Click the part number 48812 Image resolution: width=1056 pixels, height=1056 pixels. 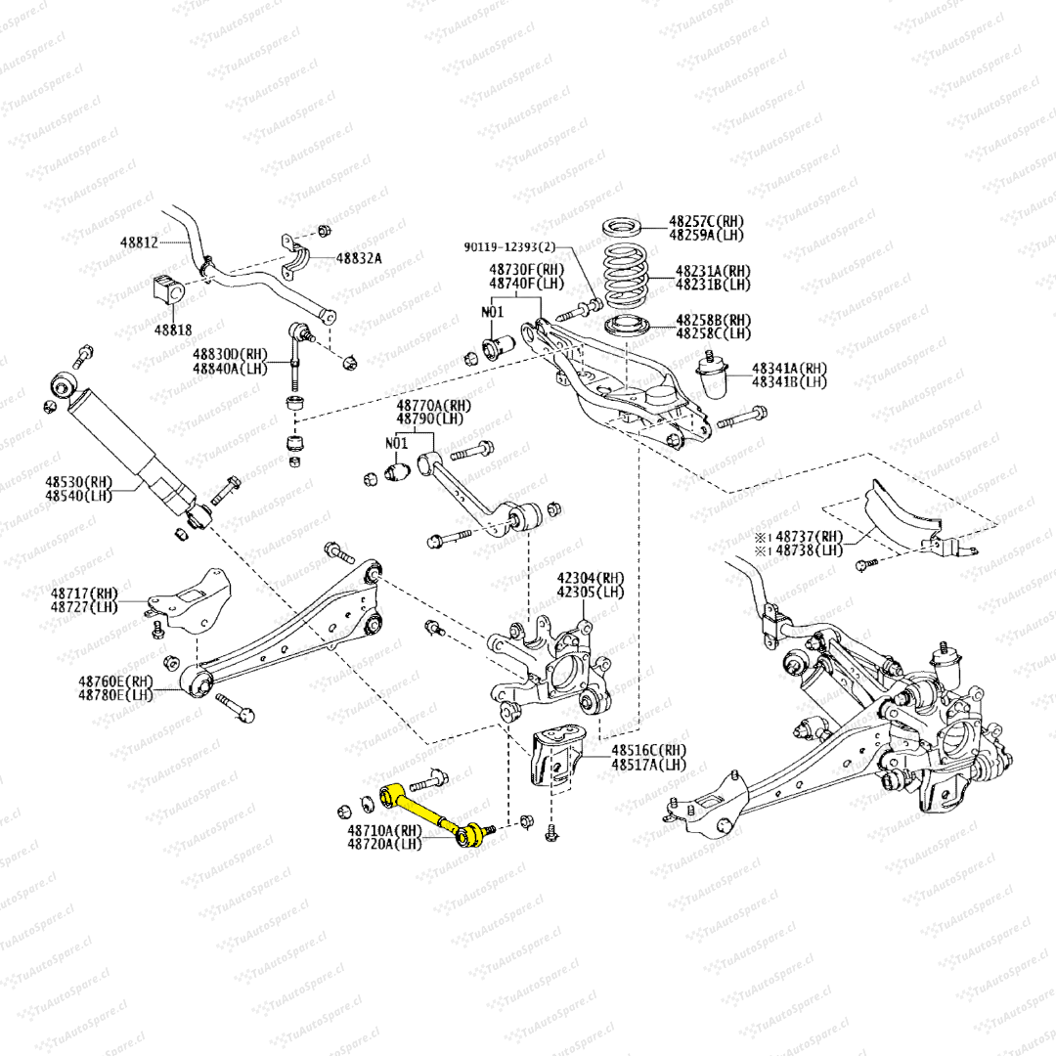139,241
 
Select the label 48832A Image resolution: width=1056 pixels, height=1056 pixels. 359,258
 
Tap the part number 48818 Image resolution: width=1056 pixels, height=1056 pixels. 173,330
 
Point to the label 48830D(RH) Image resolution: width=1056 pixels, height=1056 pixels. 230,354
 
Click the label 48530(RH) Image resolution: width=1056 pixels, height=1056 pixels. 78,482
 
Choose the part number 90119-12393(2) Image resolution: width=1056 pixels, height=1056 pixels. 509,248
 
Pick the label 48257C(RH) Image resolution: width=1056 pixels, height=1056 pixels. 706,222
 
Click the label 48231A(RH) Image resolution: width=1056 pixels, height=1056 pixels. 713,271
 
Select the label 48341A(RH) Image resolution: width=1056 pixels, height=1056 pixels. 789,369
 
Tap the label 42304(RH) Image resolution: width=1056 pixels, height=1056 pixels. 591,578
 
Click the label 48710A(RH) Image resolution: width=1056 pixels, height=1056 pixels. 383,830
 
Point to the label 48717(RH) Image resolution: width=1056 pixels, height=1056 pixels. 85,593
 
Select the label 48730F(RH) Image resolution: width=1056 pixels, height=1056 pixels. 526,270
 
